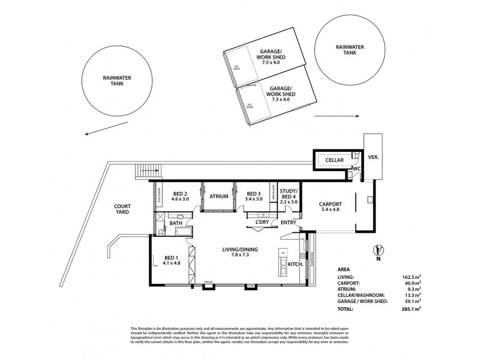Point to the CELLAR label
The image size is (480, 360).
pyautogui.click(x=334, y=160)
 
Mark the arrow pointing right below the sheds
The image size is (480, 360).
pyautogui.click(x=336, y=115)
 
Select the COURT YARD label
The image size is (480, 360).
pyautogui.click(x=122, y=209)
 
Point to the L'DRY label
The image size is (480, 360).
pyautogui.click(x=262, y=222)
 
